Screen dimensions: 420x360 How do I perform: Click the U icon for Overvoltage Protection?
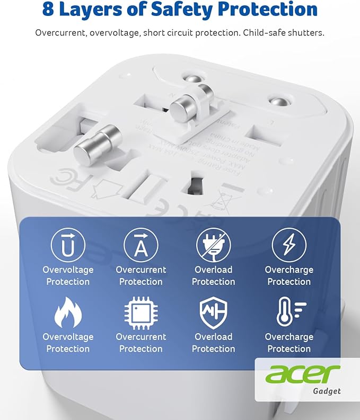pos(68,245)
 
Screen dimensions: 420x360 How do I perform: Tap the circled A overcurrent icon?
pos(141,245)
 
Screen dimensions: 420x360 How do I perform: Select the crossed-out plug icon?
pos(214,245)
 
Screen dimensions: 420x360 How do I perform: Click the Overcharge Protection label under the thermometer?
pos(289,343)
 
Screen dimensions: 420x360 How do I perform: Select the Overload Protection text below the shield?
pos(214,343)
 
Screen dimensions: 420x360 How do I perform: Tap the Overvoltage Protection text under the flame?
pos(68,343)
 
